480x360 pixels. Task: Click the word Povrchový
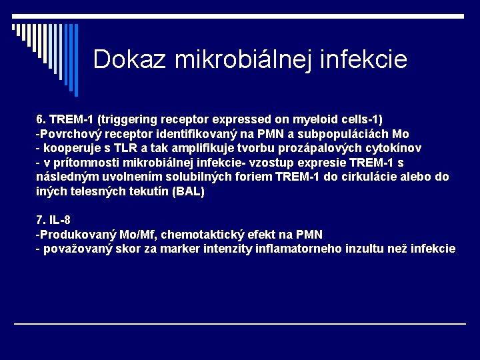click(67, 133)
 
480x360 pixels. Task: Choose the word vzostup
click(273, 163)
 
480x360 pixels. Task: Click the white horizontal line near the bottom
click(240, 324)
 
